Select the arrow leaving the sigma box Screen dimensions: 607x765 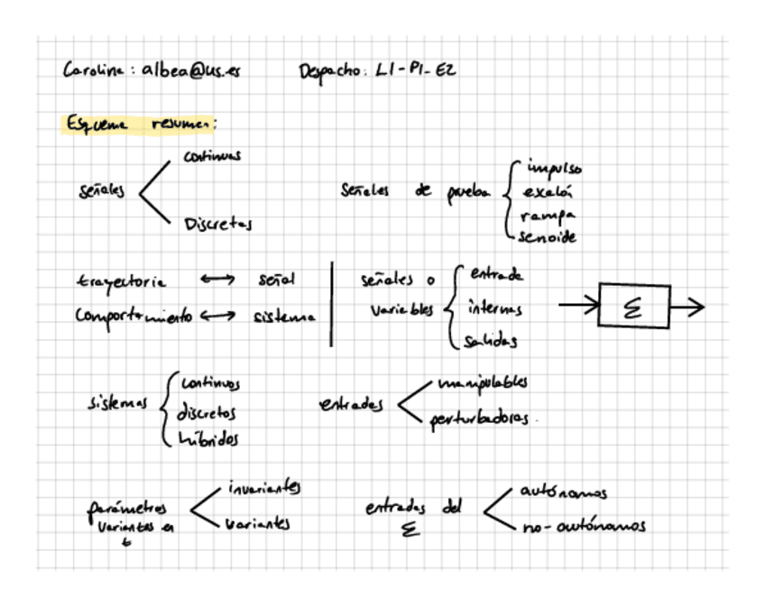[687, 308]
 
